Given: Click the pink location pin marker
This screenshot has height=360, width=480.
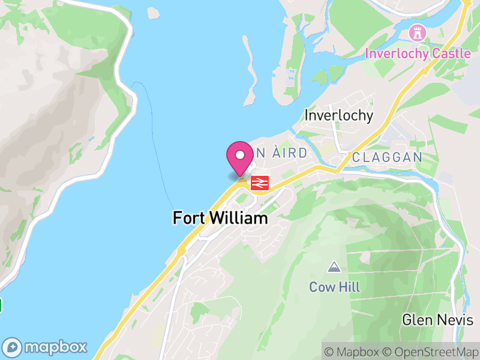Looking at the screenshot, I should [240, 158].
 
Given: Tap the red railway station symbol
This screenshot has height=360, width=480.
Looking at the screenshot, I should [259, 183].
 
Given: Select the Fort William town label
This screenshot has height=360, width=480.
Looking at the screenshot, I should [220, 218].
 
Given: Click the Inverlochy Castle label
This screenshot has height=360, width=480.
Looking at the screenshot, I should [418, 53].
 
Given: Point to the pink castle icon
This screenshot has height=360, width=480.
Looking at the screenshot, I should [415, 31].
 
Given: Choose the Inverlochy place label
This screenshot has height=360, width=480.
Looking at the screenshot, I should [339, 115].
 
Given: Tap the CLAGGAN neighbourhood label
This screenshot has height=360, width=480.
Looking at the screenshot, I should [387, 157].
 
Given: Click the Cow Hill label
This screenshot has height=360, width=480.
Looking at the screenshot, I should [334, 287].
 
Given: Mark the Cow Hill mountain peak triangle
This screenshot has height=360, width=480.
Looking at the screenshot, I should [334, 266].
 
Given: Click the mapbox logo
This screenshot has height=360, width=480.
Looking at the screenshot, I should [46, 347].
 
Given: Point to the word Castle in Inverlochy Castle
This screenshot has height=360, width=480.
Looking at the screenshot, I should [451, 53].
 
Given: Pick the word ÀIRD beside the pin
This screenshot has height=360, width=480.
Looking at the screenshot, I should [290, 154].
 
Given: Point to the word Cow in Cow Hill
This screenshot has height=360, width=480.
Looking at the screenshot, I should [321, 287].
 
